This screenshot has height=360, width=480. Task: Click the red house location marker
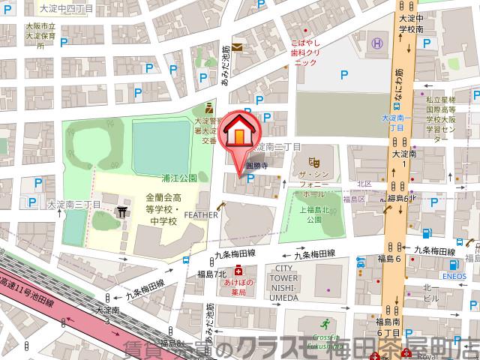[x=239, y=132]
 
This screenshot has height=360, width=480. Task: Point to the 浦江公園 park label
[x=179, y=178]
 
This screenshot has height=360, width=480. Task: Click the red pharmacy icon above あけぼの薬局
[x=238, y=269]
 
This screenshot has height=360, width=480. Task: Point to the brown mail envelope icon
[x=237, y=47]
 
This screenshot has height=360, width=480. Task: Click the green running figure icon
[x=325, y=325]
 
